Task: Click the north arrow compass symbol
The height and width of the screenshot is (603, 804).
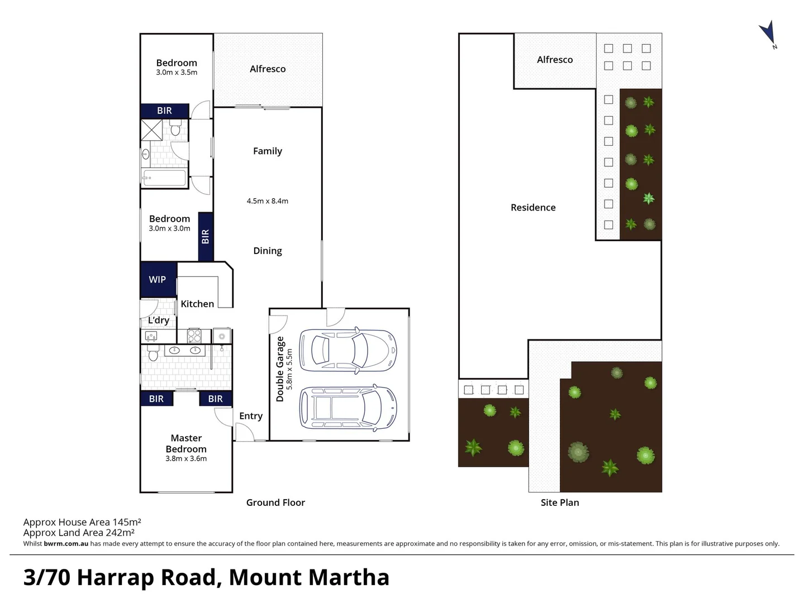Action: [768, 33]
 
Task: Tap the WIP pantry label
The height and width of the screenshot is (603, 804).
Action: [157, 279]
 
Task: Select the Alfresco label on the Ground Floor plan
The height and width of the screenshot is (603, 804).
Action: [267, 69]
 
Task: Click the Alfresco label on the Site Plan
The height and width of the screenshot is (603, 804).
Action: [554, 60]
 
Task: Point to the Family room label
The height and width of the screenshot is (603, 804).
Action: [267, 151]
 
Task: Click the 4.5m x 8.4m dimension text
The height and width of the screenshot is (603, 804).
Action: [267, 201]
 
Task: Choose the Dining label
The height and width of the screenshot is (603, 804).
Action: [267, 251]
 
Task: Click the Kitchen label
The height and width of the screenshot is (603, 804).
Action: [197, 304]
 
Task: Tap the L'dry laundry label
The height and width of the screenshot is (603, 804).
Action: [158, 320]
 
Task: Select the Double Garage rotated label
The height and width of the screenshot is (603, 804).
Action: [280, 368]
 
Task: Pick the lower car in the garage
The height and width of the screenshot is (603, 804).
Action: [348, 406]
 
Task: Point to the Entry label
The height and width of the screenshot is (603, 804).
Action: [250, 416]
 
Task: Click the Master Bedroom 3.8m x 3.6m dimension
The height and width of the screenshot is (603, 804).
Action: [186, 458]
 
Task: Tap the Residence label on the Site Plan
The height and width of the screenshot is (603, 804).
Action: [532, 207]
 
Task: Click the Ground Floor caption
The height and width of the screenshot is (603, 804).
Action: [275, 502]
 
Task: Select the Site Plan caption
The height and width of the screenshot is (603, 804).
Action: [559, 502]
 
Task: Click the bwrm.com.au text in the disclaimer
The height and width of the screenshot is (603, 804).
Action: [66, 544]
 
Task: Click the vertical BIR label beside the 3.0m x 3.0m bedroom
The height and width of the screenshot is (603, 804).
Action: [205, 237]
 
